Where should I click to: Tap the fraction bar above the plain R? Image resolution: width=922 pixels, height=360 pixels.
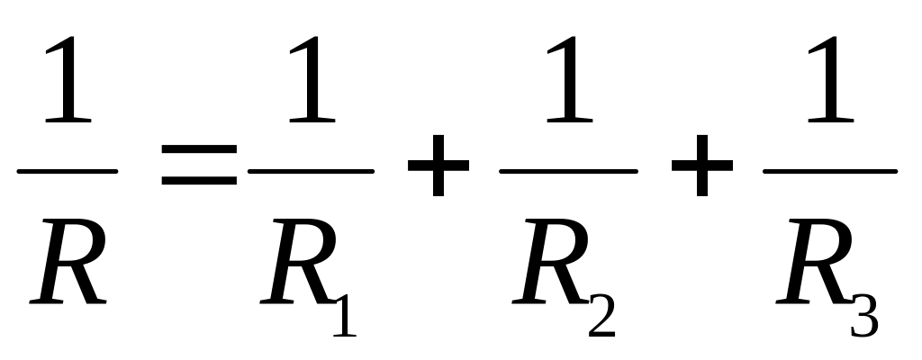click(68, 172)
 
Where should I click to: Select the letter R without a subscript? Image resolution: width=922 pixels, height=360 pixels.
click(68, 261)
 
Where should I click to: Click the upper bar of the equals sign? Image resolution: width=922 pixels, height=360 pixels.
click(199, 148)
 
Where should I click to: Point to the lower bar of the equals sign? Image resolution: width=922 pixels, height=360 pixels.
click(199, 181)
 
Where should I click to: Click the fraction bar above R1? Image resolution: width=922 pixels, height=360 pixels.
click(311, 172)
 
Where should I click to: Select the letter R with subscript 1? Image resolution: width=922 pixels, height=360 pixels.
click(298, 261)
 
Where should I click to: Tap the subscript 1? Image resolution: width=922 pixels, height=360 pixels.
click(346, 315)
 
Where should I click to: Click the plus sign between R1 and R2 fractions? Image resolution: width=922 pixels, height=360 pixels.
click(438, 166)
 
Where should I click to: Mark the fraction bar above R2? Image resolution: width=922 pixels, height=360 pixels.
click(569, 172)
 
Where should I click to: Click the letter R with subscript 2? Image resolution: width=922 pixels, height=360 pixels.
click(550, 261)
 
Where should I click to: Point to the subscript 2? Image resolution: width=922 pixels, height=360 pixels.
click(602, 315)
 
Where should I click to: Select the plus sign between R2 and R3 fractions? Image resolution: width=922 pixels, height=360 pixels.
click(702, 166)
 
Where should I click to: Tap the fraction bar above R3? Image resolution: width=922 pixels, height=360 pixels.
click(830, 172)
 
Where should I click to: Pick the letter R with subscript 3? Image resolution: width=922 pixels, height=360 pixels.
click(814, 261)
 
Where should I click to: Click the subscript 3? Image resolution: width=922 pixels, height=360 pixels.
click(865, 316)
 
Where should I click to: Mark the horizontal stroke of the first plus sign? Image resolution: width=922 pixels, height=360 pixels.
click(438, 166)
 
